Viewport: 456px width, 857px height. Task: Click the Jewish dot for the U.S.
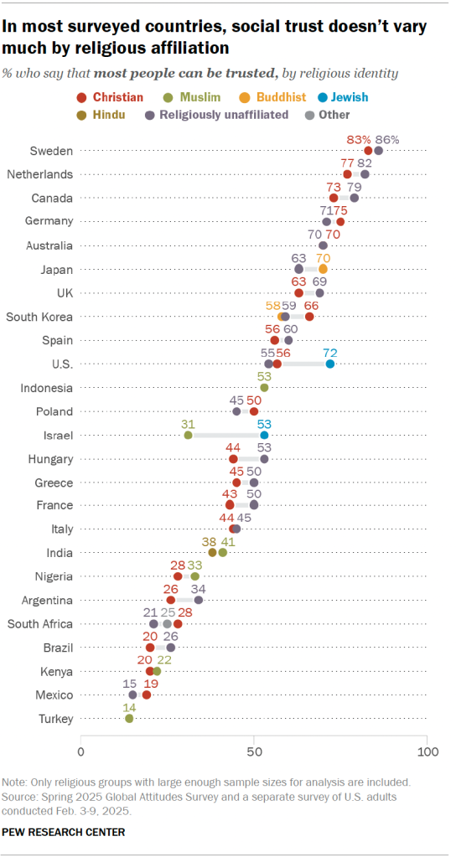point(330,364)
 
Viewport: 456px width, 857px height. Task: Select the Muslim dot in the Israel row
point(188,435)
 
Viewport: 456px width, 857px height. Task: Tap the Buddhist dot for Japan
point(323,269)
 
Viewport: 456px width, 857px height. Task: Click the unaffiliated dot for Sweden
point(379,150)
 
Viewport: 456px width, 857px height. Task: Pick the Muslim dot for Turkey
point(129,718)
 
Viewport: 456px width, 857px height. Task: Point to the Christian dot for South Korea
point(309,317)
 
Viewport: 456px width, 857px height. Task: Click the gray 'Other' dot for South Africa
point(168,624)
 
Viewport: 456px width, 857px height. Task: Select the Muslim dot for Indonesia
point(264,387)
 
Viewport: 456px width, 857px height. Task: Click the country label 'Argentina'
point(49,601)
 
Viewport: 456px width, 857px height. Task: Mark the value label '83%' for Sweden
point(358,138)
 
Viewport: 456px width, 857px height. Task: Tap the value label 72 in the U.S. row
point(330,352)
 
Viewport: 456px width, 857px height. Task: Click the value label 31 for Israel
point(188,423)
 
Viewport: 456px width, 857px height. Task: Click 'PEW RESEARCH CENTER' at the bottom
point(65,832)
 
